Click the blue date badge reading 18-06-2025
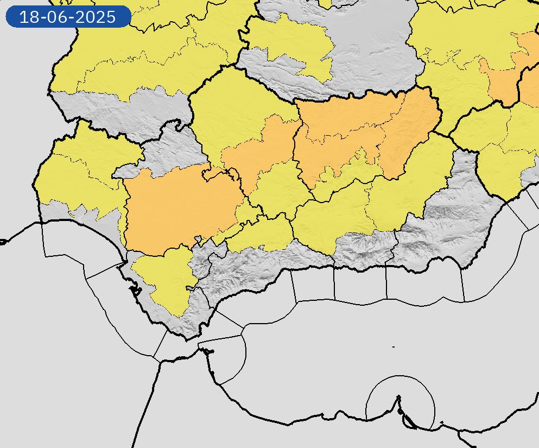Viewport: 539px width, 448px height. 68,17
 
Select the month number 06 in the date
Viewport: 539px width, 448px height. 61,17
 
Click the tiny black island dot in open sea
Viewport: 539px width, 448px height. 393,346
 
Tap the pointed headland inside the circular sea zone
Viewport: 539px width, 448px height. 399,399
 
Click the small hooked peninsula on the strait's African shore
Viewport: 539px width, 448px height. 208,351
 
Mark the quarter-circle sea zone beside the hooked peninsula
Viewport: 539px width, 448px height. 228,358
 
